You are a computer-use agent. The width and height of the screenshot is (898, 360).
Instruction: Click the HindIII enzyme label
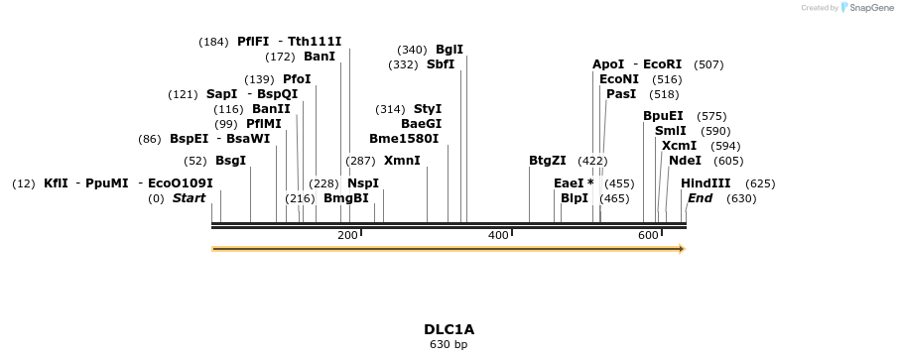point(706,183)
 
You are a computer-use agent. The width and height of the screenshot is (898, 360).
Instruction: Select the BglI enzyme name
point(449,50)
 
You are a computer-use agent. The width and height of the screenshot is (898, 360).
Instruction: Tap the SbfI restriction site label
point(441,64)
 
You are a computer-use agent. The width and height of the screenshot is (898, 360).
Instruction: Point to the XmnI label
point(402,160)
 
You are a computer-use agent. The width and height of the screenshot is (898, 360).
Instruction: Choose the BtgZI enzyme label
point(548,160)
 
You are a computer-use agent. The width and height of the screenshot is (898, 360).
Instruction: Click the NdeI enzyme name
point(685,160)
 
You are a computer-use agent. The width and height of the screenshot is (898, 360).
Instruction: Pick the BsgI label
point(230,160)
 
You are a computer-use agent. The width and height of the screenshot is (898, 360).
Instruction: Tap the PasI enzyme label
point(621,94)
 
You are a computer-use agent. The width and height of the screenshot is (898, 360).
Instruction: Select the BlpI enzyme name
point(575,198)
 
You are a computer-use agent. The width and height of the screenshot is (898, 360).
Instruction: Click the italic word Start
point(189,198)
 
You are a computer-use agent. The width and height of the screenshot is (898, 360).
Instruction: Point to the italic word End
point(700,198)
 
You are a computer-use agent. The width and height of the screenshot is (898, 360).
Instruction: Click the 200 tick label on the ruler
point(347,235)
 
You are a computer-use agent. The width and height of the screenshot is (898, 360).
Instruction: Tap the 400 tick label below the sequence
point(498,235)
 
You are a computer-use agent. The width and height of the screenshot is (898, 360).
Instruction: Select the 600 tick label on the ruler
point(648,235)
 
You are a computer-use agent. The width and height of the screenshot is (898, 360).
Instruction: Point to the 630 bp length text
point(449,345)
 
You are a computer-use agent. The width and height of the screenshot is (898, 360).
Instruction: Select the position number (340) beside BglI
point(412,50)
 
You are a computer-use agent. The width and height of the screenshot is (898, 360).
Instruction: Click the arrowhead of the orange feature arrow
point(681,249)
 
